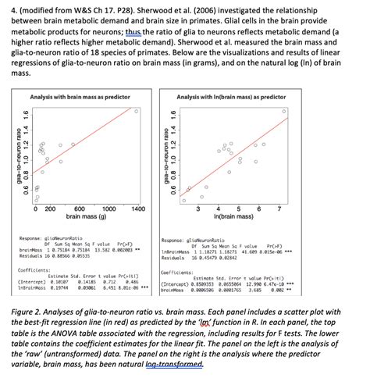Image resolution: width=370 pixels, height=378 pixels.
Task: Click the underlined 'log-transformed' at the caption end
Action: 179,363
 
